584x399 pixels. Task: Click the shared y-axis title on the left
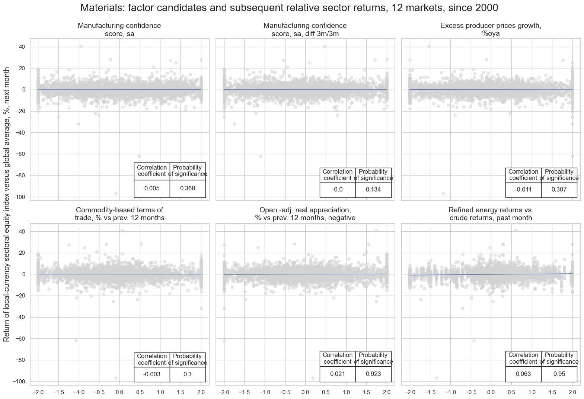7,205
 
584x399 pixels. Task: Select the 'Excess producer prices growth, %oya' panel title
491,29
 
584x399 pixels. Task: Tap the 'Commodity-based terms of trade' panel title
119,214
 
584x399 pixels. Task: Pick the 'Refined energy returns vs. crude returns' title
491,214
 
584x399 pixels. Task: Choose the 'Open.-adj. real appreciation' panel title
305,214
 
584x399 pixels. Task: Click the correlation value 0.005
152,189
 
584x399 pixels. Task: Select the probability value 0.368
187,189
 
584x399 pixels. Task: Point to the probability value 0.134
373,190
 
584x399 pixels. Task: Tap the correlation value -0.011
523,190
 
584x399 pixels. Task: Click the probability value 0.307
559,190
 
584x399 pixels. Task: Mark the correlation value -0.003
152,374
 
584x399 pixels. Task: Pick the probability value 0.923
373,374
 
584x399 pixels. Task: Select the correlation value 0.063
523,374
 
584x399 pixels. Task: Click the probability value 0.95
559,374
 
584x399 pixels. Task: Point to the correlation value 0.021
338,374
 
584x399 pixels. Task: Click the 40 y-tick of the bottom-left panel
22,231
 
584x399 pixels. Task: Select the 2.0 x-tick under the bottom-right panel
572,392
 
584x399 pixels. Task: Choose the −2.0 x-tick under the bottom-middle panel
223,392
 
